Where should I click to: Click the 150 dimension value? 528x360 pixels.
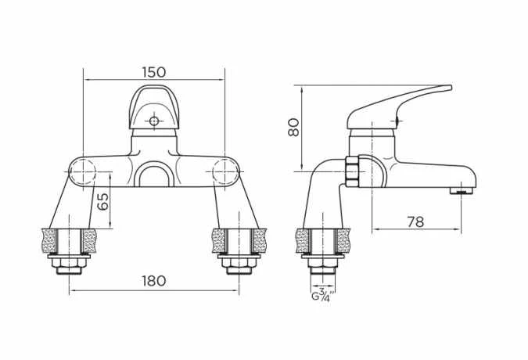(153, 72)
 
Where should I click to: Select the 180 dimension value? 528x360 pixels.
(153, 281)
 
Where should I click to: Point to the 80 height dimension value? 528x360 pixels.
(293, 127)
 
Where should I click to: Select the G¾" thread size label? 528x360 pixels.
(323, 295)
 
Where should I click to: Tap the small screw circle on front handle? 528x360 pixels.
(154, 121)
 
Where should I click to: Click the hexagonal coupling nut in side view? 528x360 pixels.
(354, 171)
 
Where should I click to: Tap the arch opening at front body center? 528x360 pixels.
(154, 177)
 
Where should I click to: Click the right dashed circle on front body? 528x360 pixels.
(225, 171)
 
